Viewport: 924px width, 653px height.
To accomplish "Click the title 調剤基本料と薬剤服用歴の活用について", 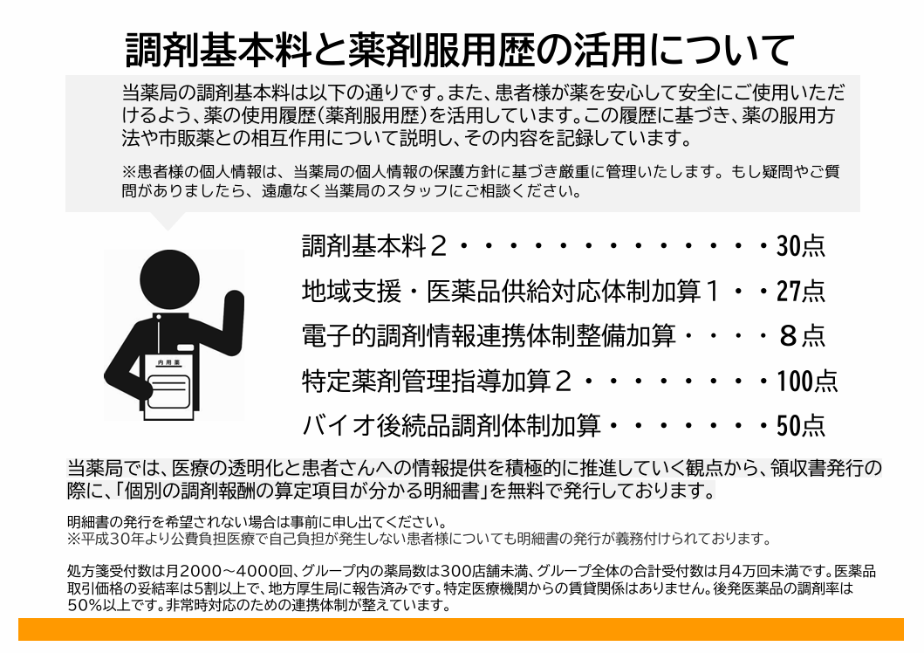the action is pos(460,50).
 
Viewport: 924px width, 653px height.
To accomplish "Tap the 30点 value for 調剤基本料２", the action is pos(800,246).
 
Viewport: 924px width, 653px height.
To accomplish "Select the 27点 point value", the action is pos(800,291).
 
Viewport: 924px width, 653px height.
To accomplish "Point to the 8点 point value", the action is pos(802,335).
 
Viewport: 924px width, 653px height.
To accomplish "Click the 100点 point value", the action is pos(807,381).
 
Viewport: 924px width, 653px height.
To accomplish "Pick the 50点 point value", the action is pos(800,425).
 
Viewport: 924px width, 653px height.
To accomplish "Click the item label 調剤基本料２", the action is pos(375,246).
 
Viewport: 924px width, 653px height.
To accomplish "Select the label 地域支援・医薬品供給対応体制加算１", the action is pos(511,291).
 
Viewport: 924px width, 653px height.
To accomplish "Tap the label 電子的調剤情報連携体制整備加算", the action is pos(489,335).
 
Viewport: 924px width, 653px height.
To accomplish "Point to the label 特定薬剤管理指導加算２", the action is pos(436,381).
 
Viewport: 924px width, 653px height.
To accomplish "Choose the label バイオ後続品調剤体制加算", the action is pos(451,425).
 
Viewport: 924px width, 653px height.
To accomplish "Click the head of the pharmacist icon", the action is pos(169,279).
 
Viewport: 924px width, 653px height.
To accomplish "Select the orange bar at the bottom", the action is pos(461,629).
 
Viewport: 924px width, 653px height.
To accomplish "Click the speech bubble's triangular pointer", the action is pos(168,220).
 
